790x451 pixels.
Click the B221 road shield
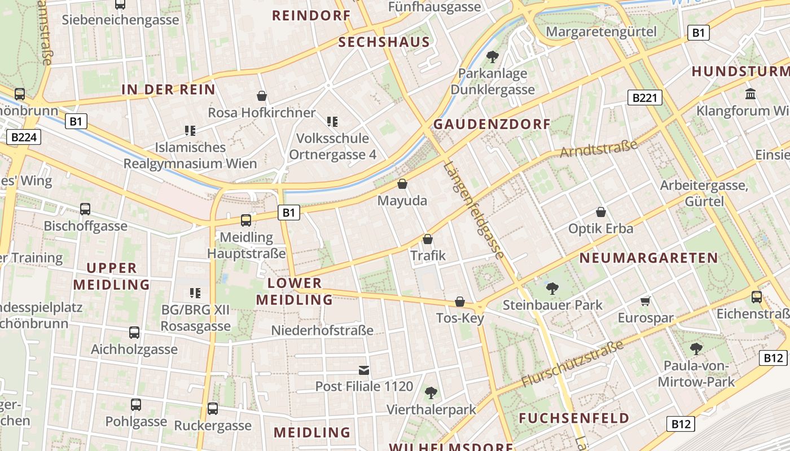[x=644, y=98]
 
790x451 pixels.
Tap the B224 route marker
[x=25, y=137]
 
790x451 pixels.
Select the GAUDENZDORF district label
[x=491, y=124]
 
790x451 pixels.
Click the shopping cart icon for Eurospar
[x=646, y=302]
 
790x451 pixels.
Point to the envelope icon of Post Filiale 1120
[x=365, y=370]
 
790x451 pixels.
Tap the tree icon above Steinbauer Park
[x=552, y=289]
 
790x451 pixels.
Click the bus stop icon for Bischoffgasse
[x=85, y=209]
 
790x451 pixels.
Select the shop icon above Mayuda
[x=402, y=184]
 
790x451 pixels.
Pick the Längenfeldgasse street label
[x=473, y=210]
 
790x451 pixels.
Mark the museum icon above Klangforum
[x=750, y=94]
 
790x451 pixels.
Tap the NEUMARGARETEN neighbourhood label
[x=649, y=258]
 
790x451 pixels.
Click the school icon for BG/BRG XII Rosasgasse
[x=195, y=293]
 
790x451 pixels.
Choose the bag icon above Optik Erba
[x=601, y=213]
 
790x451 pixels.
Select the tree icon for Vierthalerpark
[x=431, y=392]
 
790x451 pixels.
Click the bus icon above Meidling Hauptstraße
[x=246, y=220]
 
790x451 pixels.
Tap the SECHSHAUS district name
[x=384, y=42]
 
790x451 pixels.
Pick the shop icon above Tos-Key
[x=460, y=302]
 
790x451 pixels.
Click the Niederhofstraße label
[x=322, y=330]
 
